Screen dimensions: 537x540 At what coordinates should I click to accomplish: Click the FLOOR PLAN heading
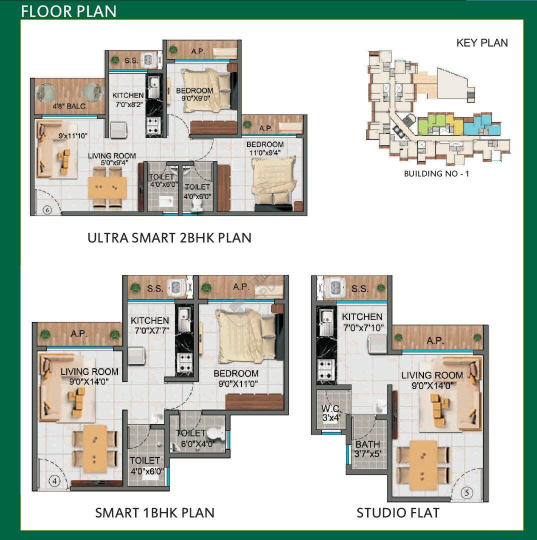pyautogui.click(x=68, y=11)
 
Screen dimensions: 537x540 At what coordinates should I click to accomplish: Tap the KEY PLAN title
pyautogui.click(x=482, y=42)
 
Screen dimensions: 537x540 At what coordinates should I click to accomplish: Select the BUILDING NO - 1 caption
pyautogui.click(x=436, y=173)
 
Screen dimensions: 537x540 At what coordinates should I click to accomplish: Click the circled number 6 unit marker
pyautogui.click(x=47, y=209)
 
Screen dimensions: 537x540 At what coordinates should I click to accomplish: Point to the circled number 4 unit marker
pyautogui.click(x=54, y=480)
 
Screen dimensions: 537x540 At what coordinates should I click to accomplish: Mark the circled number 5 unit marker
pyautogui.click(x=466, y=492)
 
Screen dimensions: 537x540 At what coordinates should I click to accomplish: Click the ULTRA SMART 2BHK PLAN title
pyautogui.click(x=169, y=238)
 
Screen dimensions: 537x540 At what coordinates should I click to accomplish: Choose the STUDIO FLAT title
pyautogui.click(x=398, y=513)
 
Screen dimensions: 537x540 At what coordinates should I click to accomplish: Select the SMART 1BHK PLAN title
pyautogui.click(x=154, y=513)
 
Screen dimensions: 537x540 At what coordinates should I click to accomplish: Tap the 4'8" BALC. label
pyautogui.click(x=69, y=106)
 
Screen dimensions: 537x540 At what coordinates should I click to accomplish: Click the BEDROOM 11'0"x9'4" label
pyautogui.click(x=265, y=148)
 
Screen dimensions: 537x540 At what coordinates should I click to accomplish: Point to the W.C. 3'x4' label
pyautogui.click(x=331, y=413)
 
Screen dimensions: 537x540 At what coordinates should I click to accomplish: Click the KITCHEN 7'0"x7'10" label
pyautogui.click(x=362, y=322)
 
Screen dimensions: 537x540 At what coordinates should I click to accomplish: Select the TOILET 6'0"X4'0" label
pyautogui.click(x=195, y=438)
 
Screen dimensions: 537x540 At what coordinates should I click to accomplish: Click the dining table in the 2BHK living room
pyautogui.click(x=107, y=187)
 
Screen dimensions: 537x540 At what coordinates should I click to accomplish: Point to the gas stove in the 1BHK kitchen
pyautogui.click(x=184, y=362)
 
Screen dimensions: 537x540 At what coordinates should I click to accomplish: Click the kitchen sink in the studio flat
pyautogui.click(x=325, y=322)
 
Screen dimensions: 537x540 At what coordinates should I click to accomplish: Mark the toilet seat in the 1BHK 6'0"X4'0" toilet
pyautogui.click(x=217, y=432)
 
